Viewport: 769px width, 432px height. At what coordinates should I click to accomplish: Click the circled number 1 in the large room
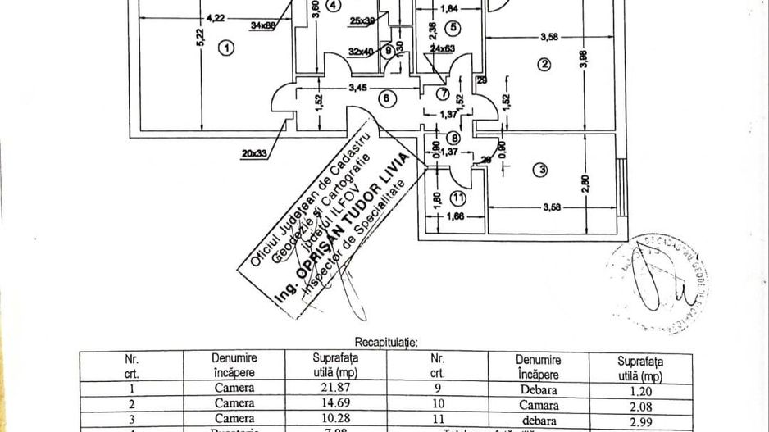[227, 48]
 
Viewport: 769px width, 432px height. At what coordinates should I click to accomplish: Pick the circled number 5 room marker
[453, 27]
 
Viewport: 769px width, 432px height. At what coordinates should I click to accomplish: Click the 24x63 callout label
[444, 48]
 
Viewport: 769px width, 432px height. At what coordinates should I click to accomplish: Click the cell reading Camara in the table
[538, 403]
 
